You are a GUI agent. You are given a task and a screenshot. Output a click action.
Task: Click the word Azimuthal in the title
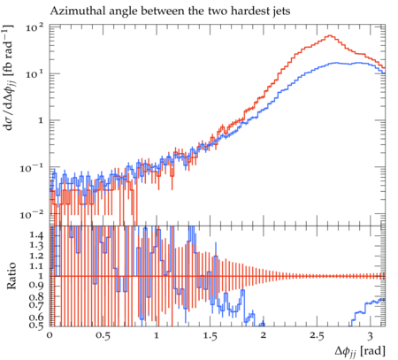(x=70, y=11)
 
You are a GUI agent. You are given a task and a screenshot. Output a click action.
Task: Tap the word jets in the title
(x=281, y=11)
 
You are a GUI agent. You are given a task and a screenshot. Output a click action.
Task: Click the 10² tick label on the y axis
(x=34, y=27)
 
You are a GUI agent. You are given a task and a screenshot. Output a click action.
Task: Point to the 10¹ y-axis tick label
(x=34, y=73)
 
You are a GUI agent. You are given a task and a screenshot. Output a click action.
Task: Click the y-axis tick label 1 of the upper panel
(x=41, y=120)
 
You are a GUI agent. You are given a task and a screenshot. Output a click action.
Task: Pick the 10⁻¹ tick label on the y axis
(x=32, y=168)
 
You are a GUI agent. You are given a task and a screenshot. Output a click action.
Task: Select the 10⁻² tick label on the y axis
(x=32, y=215)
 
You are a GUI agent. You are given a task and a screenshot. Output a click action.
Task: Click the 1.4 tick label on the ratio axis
(x=36, y=235)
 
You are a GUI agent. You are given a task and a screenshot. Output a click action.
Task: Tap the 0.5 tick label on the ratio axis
(x=36, y=325)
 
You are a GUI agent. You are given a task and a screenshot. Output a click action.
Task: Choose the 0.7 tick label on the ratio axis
(x=36, y=304)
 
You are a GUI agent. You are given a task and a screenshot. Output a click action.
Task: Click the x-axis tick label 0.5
(x=103, y=336)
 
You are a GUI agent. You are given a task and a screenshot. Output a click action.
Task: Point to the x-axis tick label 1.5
(x=210, y=336)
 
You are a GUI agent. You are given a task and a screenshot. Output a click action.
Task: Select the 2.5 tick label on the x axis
(x=317, y=336)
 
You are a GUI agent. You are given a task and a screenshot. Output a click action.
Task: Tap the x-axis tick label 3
(x=370, y=336)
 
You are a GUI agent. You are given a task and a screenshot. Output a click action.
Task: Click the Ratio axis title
(x=11, y=276)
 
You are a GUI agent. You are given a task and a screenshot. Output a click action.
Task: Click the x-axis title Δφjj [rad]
(x=360, y=351)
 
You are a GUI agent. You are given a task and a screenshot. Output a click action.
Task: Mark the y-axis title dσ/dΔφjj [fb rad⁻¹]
(x=10, y=78)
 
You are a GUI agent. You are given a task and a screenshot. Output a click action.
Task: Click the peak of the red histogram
(x=330, y=35)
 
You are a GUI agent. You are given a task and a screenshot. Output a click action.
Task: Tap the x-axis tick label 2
(x=263, y=336)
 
